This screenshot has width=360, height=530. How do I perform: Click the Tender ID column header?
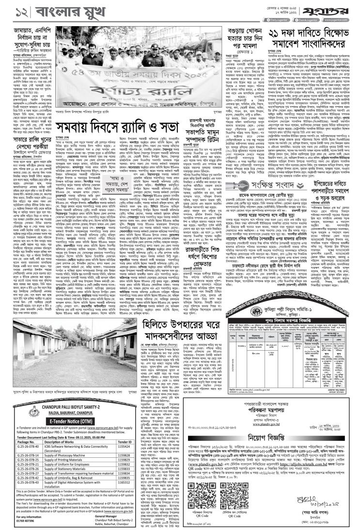(x=125, y=442)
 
